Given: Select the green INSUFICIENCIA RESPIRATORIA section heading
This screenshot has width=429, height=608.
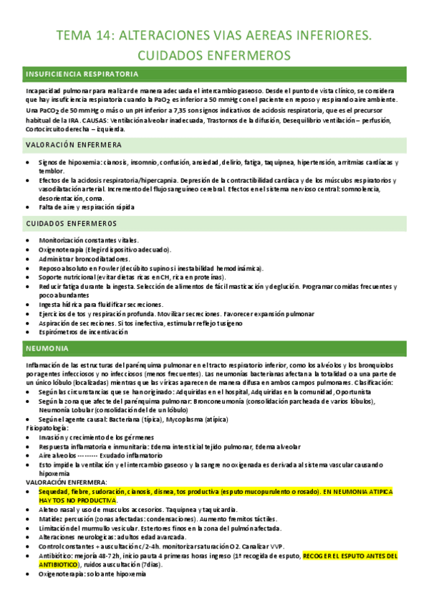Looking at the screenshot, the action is click(x=82, y=74).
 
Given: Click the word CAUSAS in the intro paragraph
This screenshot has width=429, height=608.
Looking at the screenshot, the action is click(x=90, y=120).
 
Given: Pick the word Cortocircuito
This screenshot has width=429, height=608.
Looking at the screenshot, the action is click(x=47, y=129).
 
